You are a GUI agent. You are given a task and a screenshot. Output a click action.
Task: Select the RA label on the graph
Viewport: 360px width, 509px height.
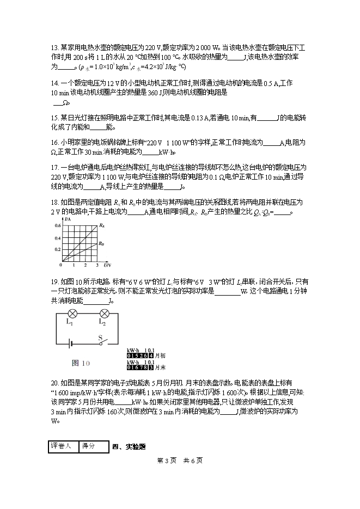pyautogui.click(x=101, y=225)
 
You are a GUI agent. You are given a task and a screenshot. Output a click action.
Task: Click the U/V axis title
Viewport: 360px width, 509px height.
pyautogui.click(x=107, y=265)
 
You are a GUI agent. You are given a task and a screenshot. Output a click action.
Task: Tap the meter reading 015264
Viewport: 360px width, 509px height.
pyautogui.click(x=141, y=357)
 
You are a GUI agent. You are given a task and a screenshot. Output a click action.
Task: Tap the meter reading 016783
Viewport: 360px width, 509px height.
pyautogui.click(x=141, y=367)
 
